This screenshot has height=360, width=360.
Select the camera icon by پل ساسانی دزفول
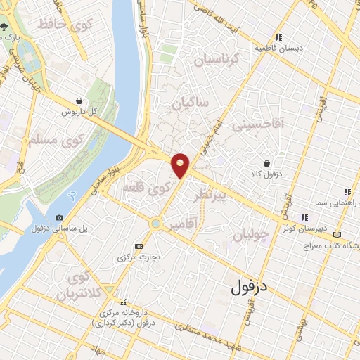[59, 217]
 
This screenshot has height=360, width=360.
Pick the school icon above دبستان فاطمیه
[279, 37]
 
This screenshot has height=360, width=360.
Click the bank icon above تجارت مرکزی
[139, 246]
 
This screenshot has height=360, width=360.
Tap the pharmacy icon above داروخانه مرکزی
[124, 302]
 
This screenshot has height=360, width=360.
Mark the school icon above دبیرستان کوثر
[304, 217]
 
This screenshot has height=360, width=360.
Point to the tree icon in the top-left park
[5, 32]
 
